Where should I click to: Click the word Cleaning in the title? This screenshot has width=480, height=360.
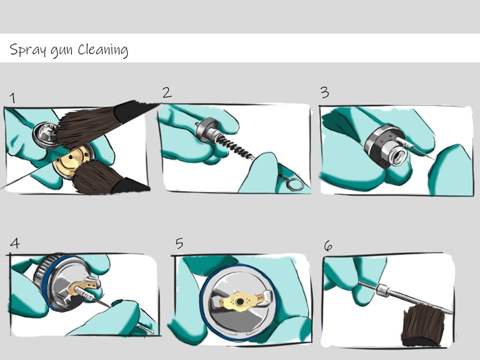(103, 50)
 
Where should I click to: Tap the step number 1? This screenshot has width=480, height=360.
(12, 98)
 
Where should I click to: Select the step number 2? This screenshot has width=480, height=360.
(167, 92)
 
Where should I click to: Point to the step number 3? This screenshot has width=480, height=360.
(325, 92)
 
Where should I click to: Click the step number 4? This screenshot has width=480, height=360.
(14, 243)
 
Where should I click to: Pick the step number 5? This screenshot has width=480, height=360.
(179, 243)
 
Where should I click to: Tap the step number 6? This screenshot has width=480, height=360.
(328, 246)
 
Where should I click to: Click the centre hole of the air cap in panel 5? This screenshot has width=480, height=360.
(239, 302)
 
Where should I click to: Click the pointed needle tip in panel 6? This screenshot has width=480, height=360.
(452, 313)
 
